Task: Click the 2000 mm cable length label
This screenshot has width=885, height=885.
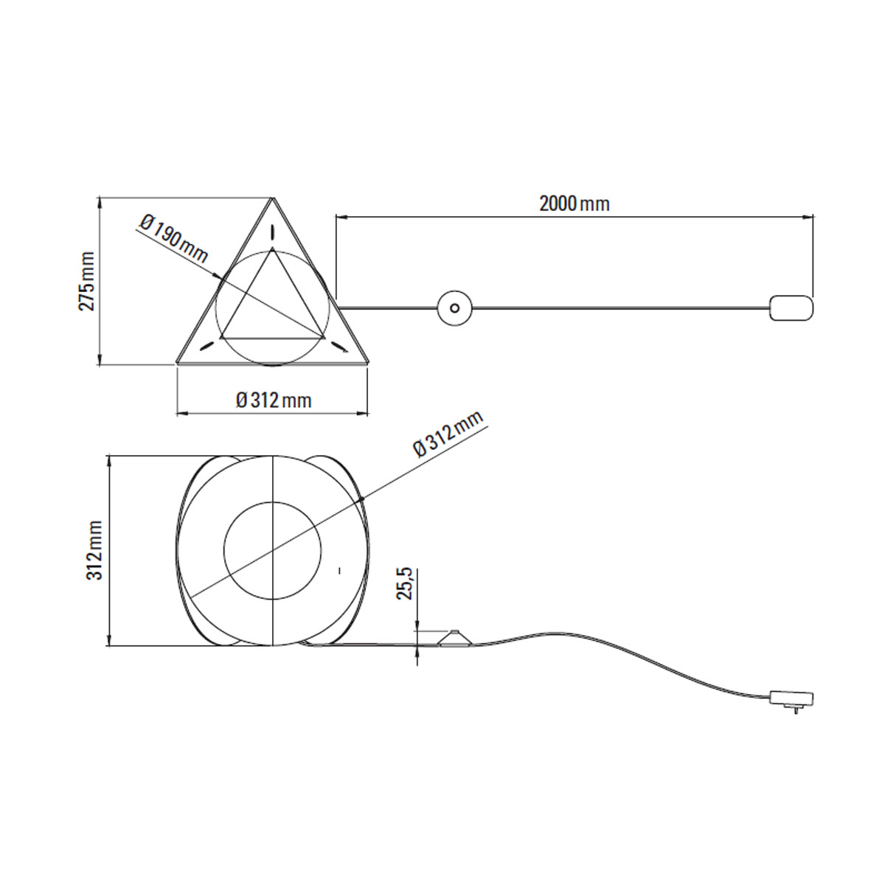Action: coord(574,204)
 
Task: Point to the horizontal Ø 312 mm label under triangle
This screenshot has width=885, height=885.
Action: coord(274,400)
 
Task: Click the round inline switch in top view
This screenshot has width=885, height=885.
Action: coord(455,307)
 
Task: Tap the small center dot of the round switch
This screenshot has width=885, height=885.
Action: coord(455,307)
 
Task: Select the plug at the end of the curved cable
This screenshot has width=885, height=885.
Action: coord(791,695)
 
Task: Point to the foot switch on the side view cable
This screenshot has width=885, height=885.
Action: coord(455,639)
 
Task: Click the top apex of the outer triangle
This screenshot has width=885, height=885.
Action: coord(272,198)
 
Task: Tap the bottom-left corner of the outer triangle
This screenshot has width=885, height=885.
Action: coord(178,363)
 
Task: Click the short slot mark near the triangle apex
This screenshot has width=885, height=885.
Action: coord(272,231)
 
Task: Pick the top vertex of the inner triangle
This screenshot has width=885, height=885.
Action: coord(272,250)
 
